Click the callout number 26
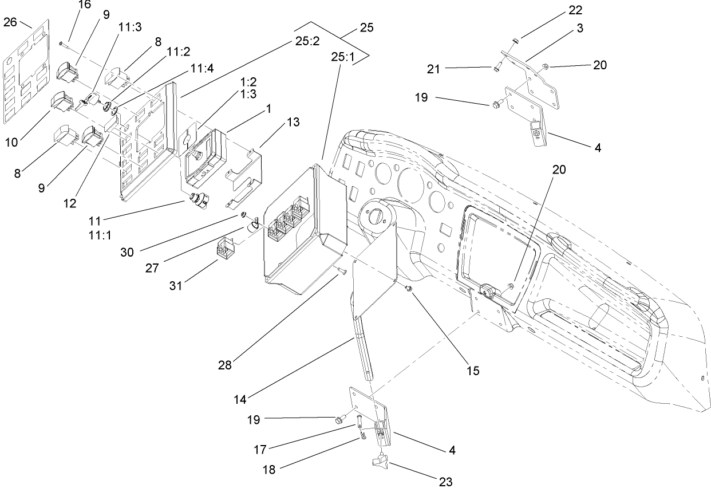pyautogui.click(x=10, y=22)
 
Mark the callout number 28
pyautogui.click(x=224, y=365)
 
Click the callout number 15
pyautogui.click(x=472, y=370)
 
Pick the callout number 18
pyautogui.click(x=269, y=469)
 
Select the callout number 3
pyautogui.click(x=580, y=28)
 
